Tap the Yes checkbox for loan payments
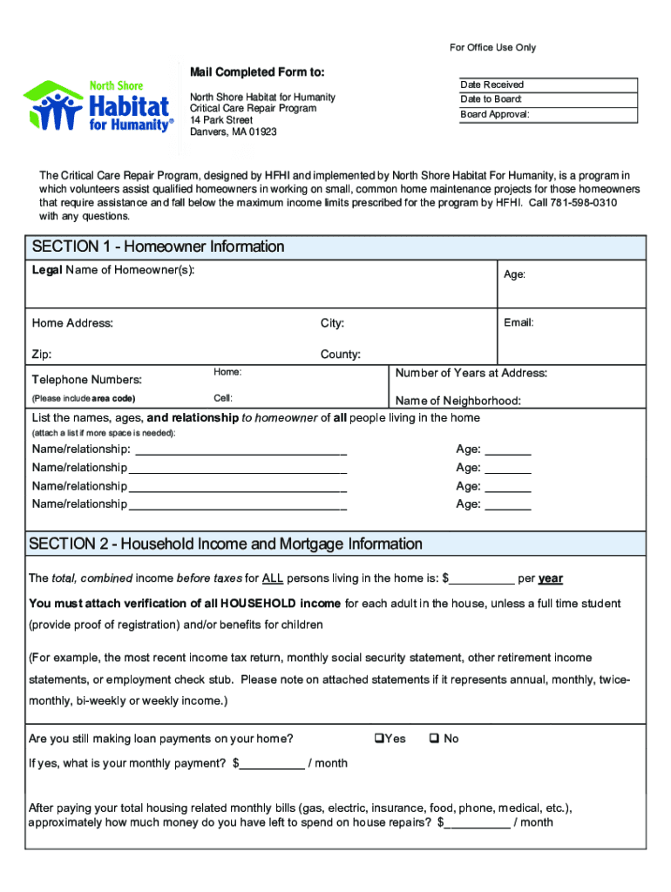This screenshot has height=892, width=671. coord(379,739)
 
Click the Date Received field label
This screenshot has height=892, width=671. coord(491,84)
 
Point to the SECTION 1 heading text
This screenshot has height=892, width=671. coord(158,247)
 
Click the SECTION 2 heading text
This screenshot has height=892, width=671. coord(226,544)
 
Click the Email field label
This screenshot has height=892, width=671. coord(518,322)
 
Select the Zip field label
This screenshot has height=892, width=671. coord(41,355)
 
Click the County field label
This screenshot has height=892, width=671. coord(340,355)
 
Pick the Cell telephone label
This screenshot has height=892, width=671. coord(222,397)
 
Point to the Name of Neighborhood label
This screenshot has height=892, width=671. coord(457,401)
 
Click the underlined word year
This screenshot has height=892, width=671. coord(551,578)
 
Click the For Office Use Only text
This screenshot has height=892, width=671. coord(492,47)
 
